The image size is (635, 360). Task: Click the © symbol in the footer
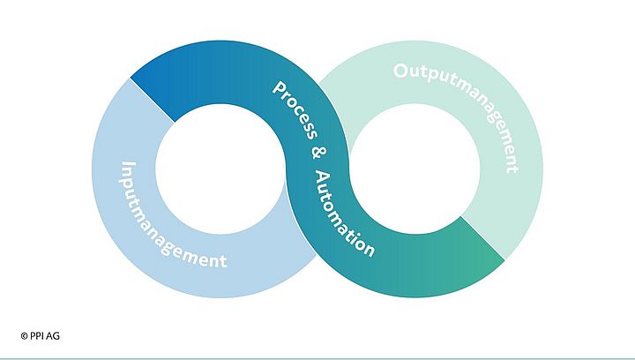[x=24, y=335]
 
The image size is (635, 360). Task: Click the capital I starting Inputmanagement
[x=126, y=166]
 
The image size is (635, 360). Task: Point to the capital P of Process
[x=278, y=89]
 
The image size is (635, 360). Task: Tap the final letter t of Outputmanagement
[x=511, y=168]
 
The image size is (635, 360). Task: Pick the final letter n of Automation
[x=369, y=250]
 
